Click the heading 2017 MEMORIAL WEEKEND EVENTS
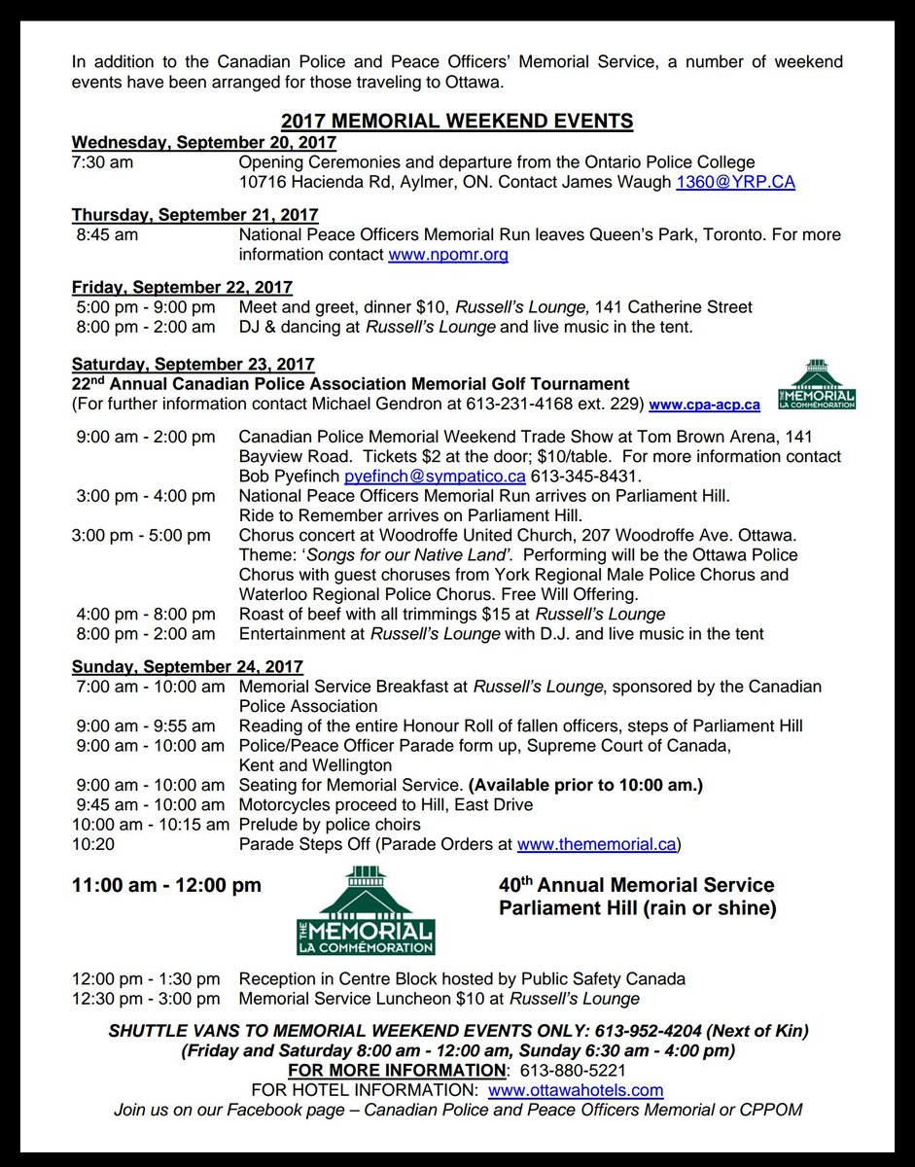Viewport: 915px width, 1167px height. [457, 122]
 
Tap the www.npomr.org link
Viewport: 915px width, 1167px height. [447, 255]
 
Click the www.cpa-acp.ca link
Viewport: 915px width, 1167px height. [705, 405]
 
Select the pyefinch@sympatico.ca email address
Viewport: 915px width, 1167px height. [435, 477]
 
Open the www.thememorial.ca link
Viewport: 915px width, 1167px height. [596, 844]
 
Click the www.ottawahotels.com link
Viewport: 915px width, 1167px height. [576, 1090]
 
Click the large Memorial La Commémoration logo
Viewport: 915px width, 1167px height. [366, 911]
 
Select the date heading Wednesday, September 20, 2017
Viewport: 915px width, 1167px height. [204, 142]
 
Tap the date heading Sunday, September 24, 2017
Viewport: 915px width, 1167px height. [188, 667]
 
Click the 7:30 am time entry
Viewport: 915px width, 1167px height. [103, 162]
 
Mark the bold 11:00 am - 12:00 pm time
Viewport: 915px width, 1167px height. [166, 886]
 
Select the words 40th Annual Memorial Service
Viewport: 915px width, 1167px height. [636, 886]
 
